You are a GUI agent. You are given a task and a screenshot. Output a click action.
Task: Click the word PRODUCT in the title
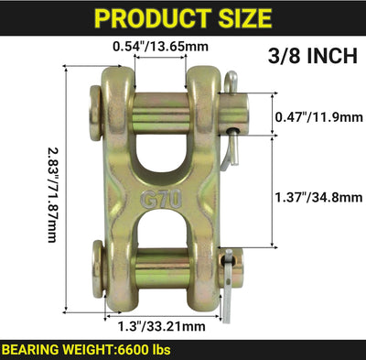coord(153,18)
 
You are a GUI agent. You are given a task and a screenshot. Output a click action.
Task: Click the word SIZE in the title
coord(245,18)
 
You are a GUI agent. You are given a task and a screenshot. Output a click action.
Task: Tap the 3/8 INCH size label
coord(313,56)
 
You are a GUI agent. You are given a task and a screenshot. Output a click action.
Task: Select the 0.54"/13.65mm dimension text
coord(160,47)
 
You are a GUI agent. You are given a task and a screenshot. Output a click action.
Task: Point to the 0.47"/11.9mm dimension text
coord(319,117)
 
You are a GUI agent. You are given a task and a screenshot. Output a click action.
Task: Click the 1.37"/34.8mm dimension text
coord(319,197)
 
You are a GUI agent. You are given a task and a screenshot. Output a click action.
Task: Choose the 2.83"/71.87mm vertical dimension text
coord(52,195)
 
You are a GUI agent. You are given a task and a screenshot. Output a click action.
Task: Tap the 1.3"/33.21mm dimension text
coord(162,327)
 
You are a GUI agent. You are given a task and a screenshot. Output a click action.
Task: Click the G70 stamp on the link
coord(161,200)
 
